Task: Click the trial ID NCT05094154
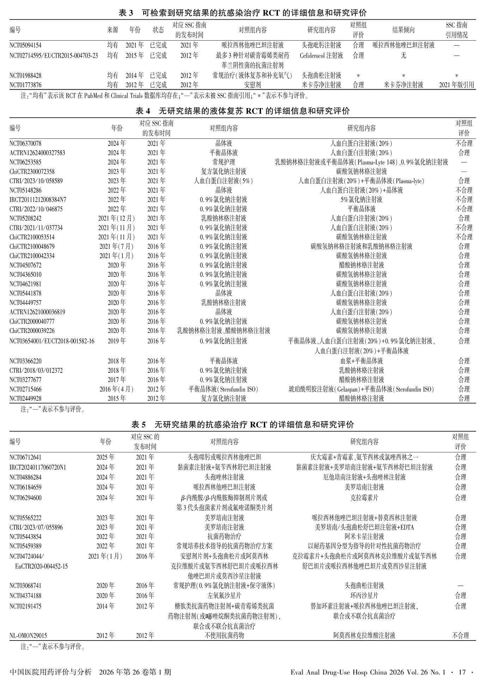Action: pyautogui.click(x=25, y=45)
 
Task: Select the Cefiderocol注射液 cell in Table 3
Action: pyautogui.click(x=321, y=55)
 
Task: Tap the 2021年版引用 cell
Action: pyautogui.click(x=456, y=85)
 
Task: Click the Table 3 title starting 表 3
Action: pyautogui.click(x=242, y=13)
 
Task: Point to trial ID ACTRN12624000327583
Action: pyautogui.click(x=37, y=153)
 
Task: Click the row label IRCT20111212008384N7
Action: pyautogui.click(x=38, y=199)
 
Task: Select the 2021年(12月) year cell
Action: pyautogui.click(x=116, y=218)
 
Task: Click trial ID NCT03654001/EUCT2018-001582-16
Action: pyautogui.click(x=52, y=341)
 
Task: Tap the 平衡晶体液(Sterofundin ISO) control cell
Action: pyautogui.click(x=224, y=389)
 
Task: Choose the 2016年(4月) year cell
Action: pyautogui.click(x=116, y=389)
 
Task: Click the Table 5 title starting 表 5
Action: pyautogui.click(x=242, y=424)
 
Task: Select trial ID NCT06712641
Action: pyautogui.click(x=25, y=457)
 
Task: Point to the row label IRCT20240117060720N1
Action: pyautogui.click(x=38, y=467)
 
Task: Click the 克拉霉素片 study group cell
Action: pyautogui.click(x=364, y=498)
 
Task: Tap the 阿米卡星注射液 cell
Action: pyautogui.click(x=364, y=536)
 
